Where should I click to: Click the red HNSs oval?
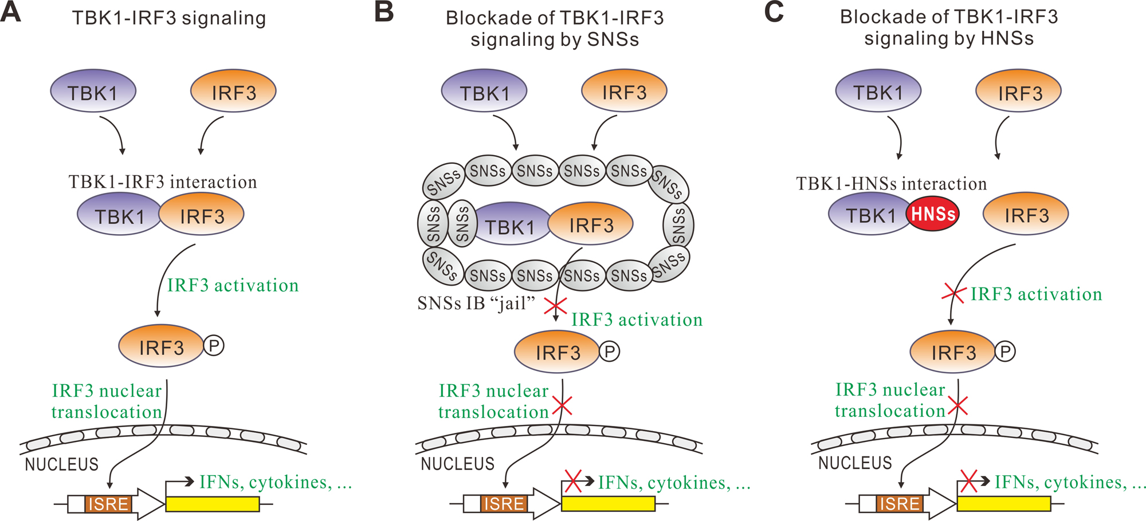pos(932,214)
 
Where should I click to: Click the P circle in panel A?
pos(214,345)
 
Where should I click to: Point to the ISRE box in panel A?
pos(108,504)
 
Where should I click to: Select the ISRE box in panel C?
pos(900,504)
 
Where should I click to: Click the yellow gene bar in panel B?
pos(608,504)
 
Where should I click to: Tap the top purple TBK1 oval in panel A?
pos(93,92)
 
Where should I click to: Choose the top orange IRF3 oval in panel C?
pos(1019,93)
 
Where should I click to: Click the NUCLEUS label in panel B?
pos(457,464)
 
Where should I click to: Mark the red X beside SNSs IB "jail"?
pos(555,306)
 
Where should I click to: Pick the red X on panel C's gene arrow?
pos(969,481)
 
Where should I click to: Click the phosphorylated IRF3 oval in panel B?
pos(557,352)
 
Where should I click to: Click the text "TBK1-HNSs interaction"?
pos(892,184)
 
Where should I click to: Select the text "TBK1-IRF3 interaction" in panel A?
pos(163,182)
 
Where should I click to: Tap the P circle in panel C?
pos(1005,351)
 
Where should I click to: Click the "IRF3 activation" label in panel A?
pos(233,285)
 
